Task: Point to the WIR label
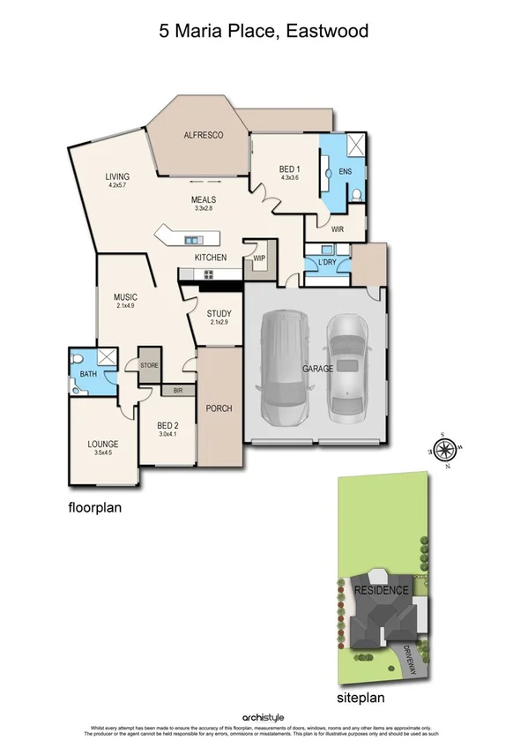[337, 229]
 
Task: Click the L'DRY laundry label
[318, 264]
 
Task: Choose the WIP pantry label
[259, 258]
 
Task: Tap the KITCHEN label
[211, 257]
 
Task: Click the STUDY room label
[219, 313]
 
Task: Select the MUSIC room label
[125, 297]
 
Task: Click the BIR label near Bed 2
[177, 389]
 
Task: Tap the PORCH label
[218, 408]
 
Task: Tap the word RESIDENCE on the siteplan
[381, 590]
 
